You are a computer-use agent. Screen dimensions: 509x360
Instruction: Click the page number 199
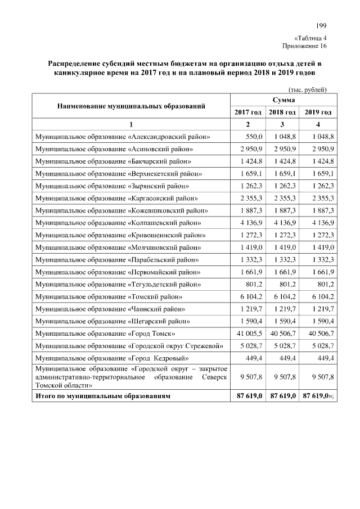click(321, 25)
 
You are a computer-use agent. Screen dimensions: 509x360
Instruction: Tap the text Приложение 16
click(304, 46)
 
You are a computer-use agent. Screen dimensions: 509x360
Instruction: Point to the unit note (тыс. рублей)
click(307, 89)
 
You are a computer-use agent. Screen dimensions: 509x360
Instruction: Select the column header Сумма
click(284, 99)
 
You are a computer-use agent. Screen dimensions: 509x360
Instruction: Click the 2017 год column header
click(247, 112)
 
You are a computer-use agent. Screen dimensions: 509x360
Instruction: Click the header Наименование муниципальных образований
click(130, 105)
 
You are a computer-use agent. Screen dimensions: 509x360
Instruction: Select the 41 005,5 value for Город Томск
click(247, 334)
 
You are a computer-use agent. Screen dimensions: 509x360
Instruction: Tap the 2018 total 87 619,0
click(282, 397)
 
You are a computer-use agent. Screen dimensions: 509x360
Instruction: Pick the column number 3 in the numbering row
click(282, 124)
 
